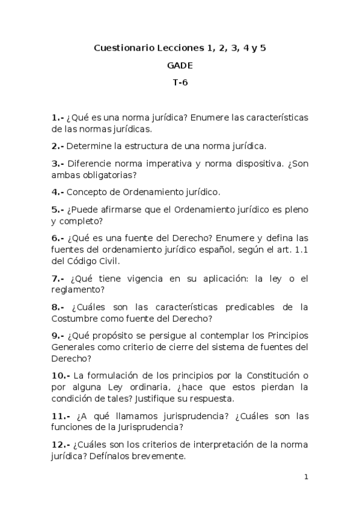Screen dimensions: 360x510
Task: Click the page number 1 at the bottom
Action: point(306,477)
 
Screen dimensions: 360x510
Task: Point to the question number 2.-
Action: point(58,146)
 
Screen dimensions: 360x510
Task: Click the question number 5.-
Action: point(58,209)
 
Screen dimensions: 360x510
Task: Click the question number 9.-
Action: point(58,336)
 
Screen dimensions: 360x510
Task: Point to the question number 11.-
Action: point(61,416)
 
